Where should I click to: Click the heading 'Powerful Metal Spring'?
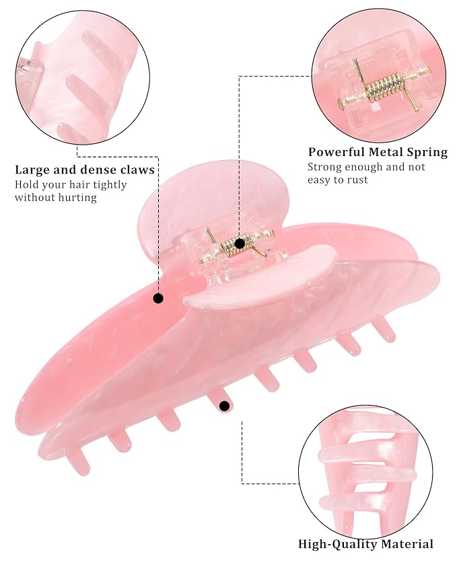tap(378, 152)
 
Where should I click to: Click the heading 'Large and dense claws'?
tap(85, 169)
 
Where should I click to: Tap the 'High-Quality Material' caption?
tap(365, 544)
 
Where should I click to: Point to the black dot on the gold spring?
tap(240, 243)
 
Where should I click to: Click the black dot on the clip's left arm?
tap(158, 299)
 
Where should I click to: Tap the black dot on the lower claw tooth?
tap(225, 406)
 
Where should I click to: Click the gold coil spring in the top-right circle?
tap(384, 87)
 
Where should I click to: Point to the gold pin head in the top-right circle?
tap(341, 104)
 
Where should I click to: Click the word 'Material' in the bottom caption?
tap(407, 544)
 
